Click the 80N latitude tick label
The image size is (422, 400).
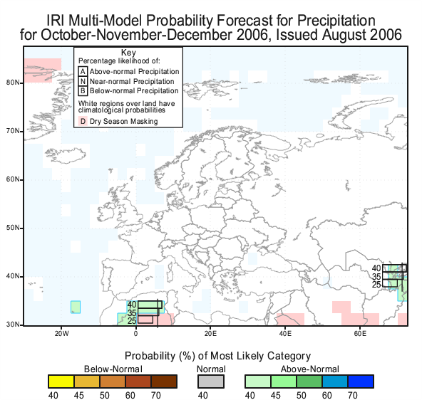click(x=13, y=83)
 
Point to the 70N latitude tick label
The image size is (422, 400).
click(x=13, y=131)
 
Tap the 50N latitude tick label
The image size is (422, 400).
click(x=13, y=228)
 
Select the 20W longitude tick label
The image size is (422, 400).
click(x=62, y=334)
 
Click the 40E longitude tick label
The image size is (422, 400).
click(x=285, y=334)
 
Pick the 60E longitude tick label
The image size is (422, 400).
click(x=360, y=334)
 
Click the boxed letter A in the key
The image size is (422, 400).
click(x=83, y=72)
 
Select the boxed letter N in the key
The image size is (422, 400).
click(x=83, y=81)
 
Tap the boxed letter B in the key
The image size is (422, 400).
click(x=83, y=91)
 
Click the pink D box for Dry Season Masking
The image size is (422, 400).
click(x=83, y=122)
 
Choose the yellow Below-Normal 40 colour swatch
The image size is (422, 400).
click(x=61, y=381)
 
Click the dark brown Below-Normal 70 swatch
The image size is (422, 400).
click(x=164, y=381)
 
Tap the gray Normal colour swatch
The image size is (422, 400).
click(x=211, y=381)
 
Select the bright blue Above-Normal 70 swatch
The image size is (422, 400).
click(x=361, y=381)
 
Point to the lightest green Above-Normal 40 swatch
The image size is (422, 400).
click(x=258, y=381)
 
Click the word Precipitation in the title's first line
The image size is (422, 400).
click(x=336, y=21)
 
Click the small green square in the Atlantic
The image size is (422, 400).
click(x=76, y=307)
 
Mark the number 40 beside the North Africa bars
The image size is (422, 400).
click(x=132, y=305)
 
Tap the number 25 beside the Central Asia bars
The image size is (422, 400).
click(x=376, y=285)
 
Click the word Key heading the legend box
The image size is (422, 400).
click(x=128, y=53)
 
